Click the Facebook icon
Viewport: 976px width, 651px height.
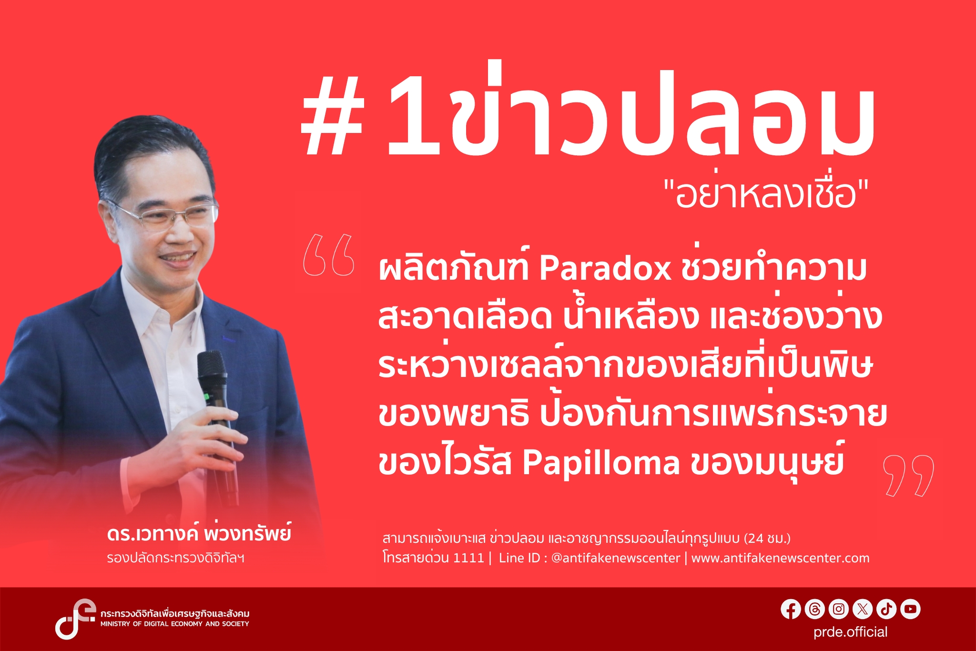tap(791, 609)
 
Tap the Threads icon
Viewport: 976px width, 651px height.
tap(814, 609)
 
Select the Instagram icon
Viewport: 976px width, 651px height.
tap(838, 609)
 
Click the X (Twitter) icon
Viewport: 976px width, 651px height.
tap(862, 609)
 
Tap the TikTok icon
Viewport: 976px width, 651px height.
tap(886, 609)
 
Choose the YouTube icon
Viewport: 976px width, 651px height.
tap(910, 609)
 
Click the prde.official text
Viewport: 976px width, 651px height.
tap(850, 632)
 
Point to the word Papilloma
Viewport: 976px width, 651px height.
tap(600, 463)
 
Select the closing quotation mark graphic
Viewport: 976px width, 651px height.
tap(908, 476)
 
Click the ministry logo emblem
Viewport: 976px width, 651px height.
tap(74, 619)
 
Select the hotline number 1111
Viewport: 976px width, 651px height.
tap(468, 558)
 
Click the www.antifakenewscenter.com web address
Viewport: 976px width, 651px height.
tap(780, 558)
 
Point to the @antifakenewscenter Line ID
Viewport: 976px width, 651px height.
tap(615, 558)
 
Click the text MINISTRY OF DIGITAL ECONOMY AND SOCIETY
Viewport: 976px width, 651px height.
tap(174, 624)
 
